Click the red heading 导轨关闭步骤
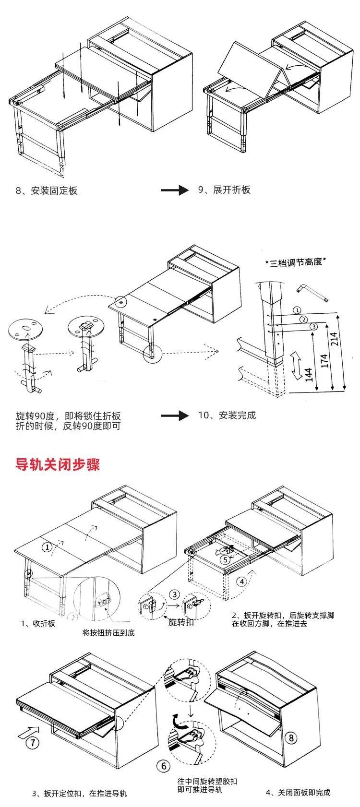pos(58,464)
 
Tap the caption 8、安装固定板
pos(47,190)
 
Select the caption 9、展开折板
pos(224,190)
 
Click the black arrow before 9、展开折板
pos(175,190)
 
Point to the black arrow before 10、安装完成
pos(175,415)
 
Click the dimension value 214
pos(335,338)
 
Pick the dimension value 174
pos(324,360)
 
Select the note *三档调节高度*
pos(296,262)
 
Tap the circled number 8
pos(291,738)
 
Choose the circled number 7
pos(32,743)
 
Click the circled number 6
pos(164,766)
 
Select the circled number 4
pos(242,582)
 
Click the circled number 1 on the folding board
pos(47,547)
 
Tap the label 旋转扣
pos(181,622)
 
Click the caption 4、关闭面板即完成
pos(298,793)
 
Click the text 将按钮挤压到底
pos(108,633)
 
